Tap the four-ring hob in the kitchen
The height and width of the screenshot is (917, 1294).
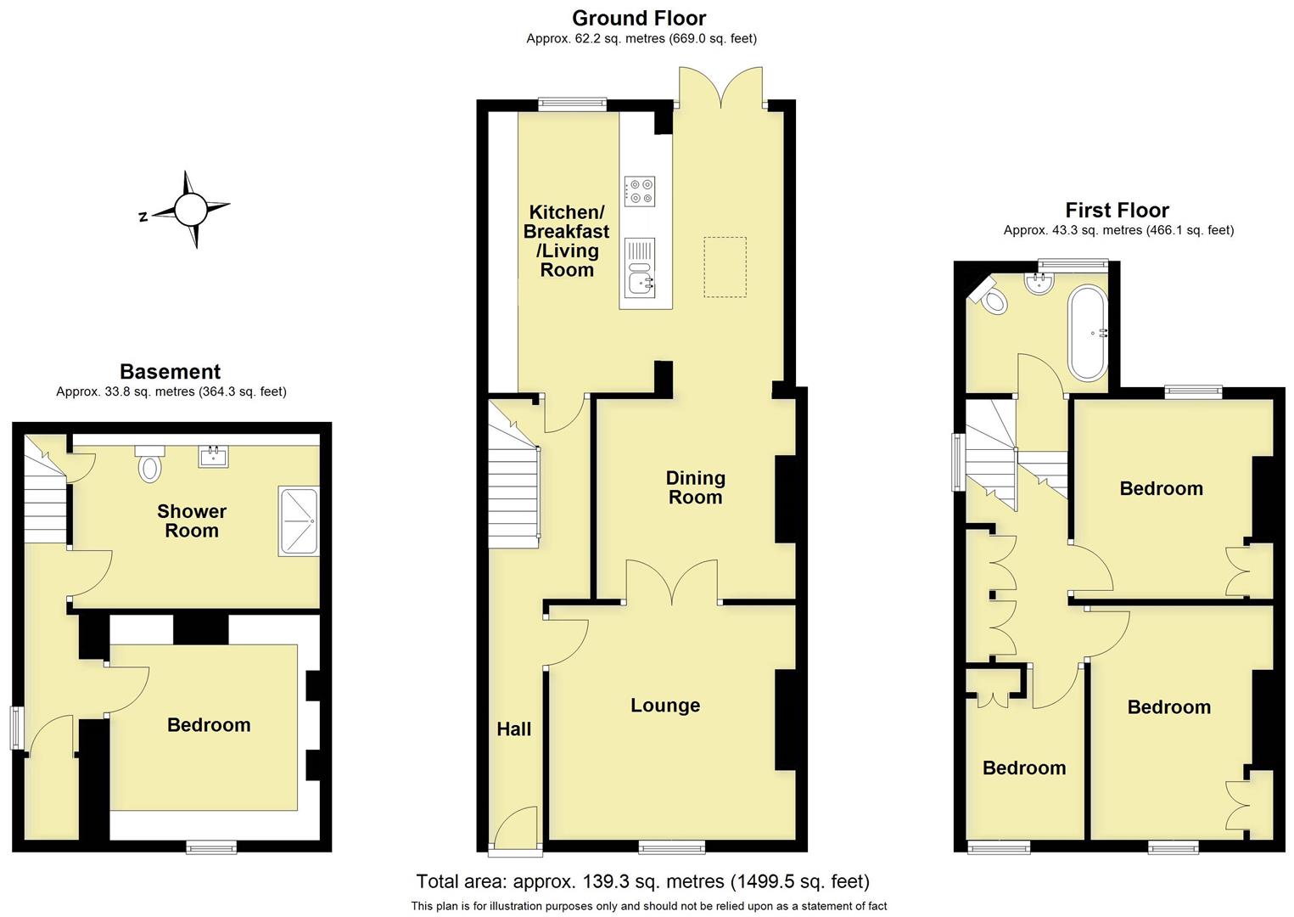(x=639, y=190)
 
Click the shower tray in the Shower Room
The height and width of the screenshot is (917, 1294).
(x=298, y=521)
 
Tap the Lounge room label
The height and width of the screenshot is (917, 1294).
(x=664, y=706)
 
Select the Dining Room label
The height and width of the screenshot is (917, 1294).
(x=695, y=487)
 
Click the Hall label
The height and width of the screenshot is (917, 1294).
(x=513, y=729)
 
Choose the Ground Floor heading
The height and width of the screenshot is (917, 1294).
(x=639, y=18)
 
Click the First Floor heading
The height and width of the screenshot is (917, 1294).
(x=1117, y=210)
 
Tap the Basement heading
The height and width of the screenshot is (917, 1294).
(x=170, y=371)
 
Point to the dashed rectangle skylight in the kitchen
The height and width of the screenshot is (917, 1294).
(x=725, y=267)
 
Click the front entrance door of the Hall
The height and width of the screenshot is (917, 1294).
(x=515, y=827)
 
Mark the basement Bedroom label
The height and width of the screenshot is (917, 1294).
(x=209, y=724)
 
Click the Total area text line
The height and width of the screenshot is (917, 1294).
(x=642, y=881)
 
